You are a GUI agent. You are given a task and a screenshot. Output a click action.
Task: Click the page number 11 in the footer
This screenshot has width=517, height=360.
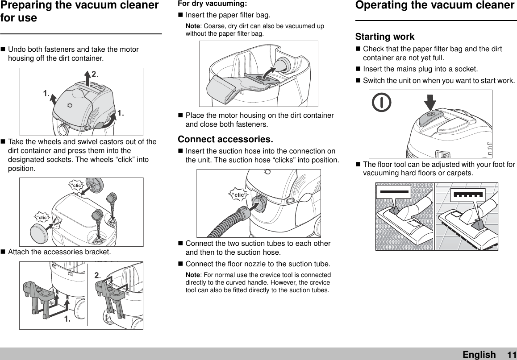pos(511,355)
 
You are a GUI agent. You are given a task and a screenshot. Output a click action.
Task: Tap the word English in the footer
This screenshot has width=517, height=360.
pos(479,355)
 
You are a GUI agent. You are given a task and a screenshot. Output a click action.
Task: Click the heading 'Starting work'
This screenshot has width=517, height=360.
pos(384,37)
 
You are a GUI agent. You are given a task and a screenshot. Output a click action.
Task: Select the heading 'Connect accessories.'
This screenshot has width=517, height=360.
pos(225,139)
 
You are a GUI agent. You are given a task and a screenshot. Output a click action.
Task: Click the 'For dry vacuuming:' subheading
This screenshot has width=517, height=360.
pos(212,4)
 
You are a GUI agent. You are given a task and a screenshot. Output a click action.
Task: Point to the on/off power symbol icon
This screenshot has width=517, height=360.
pos(382,103)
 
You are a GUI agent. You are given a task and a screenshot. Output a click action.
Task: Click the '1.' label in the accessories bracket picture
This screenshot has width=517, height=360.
pos(67,319)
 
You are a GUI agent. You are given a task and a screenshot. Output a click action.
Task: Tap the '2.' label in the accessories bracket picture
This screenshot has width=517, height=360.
pos(98,277)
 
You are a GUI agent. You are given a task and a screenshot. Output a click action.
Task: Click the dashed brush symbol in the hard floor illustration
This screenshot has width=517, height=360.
pos(467,194)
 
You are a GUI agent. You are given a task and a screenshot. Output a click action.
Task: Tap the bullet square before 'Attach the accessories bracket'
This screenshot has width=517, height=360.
pos(4,252)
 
